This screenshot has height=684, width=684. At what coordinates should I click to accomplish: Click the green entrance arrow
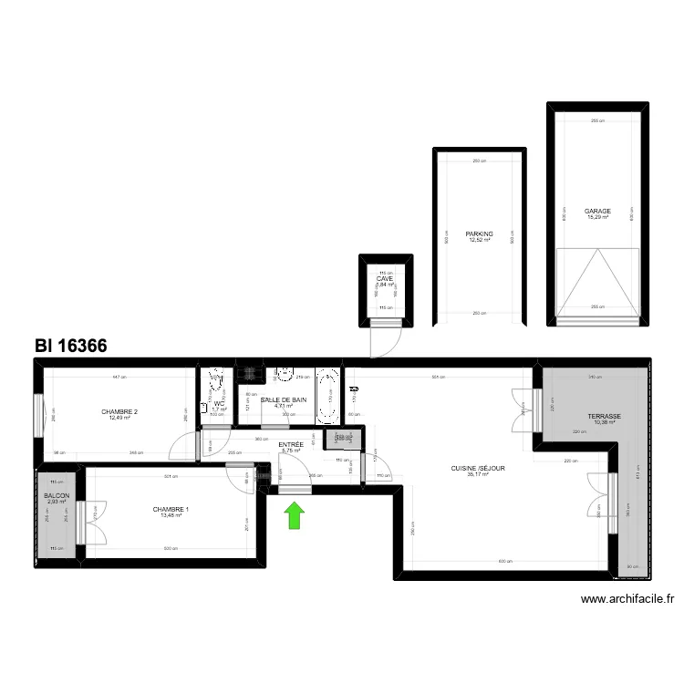pos(295,517)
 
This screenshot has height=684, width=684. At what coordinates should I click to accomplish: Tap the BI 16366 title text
pos(71,347)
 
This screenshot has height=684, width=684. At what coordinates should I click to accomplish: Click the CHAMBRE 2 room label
pos(119,412)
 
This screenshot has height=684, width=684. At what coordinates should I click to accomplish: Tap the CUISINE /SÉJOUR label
pos(478,469)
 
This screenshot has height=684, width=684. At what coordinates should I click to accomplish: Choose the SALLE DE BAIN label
pos(284,399)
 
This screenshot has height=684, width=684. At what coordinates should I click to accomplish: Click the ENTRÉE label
pos(291,444)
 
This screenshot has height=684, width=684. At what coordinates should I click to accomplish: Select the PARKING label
pos(479,234)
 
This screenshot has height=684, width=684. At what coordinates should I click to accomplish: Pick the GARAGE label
pos(598,211)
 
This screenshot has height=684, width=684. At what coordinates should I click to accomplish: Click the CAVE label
pos(384,278)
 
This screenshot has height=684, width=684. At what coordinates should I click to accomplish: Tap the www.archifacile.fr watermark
pos(628,599)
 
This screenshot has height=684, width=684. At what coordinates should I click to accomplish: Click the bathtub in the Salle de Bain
pos(327,397)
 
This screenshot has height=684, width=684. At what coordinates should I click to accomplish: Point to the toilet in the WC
pos(217,384)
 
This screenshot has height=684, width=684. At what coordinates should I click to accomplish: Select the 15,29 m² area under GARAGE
pos(598,217)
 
